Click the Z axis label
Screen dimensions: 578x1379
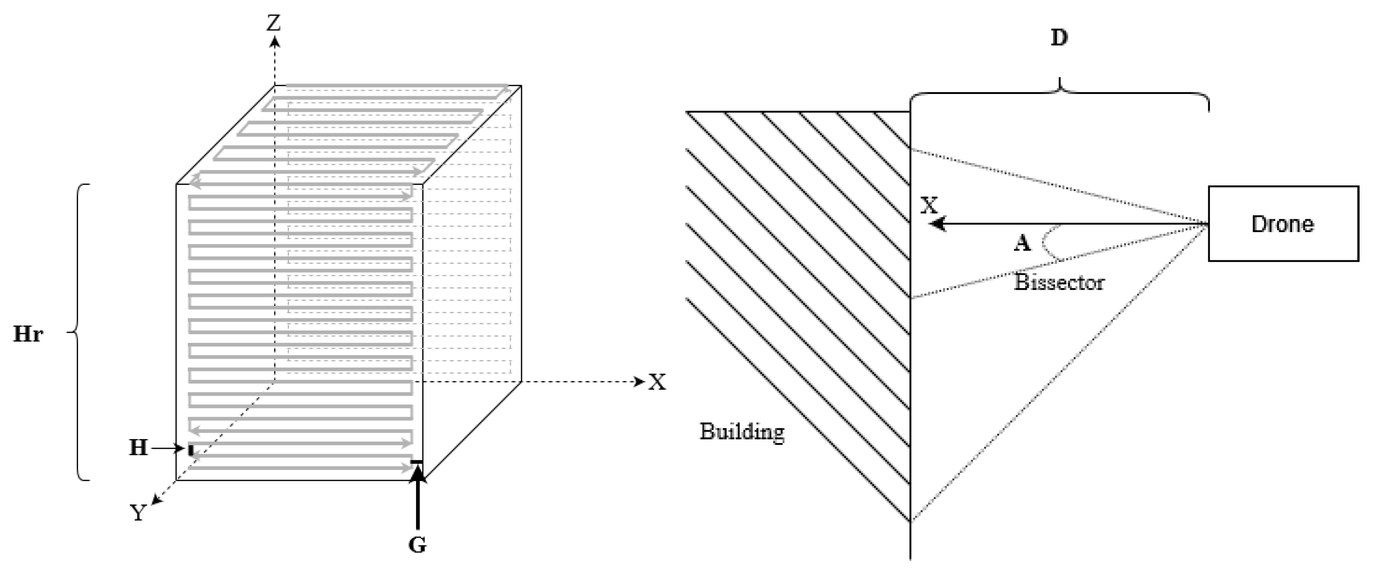pyautogui.click(x=274, y=23)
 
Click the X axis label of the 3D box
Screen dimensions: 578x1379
pyautogui.click(x=658, y=382)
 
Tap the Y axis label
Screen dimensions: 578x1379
pyautogui.click(x=139, y=513)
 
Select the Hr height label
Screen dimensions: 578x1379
pyautogui.click(x=28, y=334)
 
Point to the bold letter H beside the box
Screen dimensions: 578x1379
pyautogui.click(x=138, y=447)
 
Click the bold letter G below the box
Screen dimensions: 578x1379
pyautogui.click(x=417, y=545)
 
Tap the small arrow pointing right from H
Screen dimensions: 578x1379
pyautogui.click(x=169, y=448)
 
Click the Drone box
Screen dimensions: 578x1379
pyautogui.click(x=1283, y=224)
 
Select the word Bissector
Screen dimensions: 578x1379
pyautogui.click(x=1059, y=282)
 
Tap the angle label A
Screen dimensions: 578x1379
pyautogui.click(x=1022, y=244)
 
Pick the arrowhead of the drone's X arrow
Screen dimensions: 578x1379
pyautogui.click(x=937, y=224)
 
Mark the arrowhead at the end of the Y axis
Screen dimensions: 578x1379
pyautogui.click(x=155, y=500)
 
